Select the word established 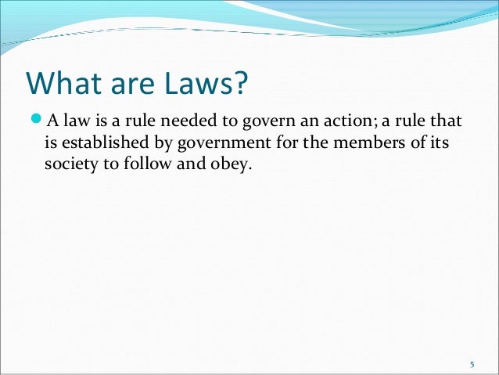coord(99,144)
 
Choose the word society coord(66,167)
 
